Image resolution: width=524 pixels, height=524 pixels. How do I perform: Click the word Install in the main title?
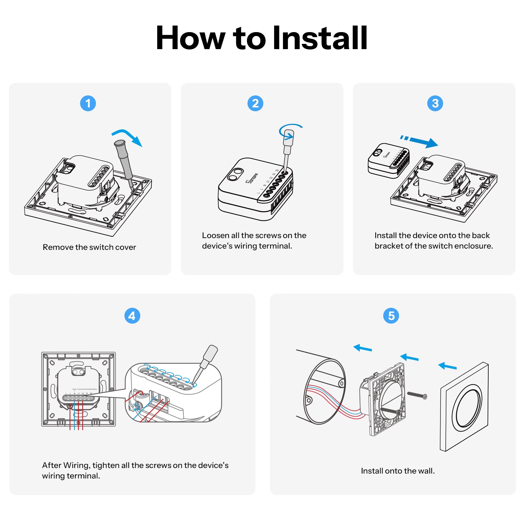coord(320,38)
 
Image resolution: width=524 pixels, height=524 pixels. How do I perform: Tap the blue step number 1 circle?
coord(88,103)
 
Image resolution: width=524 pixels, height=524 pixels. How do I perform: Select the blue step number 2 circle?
coord(255,103)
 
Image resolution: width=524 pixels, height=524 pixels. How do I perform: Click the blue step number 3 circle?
coord(435,103)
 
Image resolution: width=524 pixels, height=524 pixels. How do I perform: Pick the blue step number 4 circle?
coord(132,316)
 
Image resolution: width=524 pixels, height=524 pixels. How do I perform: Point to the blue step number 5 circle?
coord(391,316)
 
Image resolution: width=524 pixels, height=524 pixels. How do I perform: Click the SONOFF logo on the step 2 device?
coord(252,178)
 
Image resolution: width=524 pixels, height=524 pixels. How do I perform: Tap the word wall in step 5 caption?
coord(426,471)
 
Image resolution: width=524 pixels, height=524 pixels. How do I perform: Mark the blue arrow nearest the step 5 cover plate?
coord(447,366)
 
